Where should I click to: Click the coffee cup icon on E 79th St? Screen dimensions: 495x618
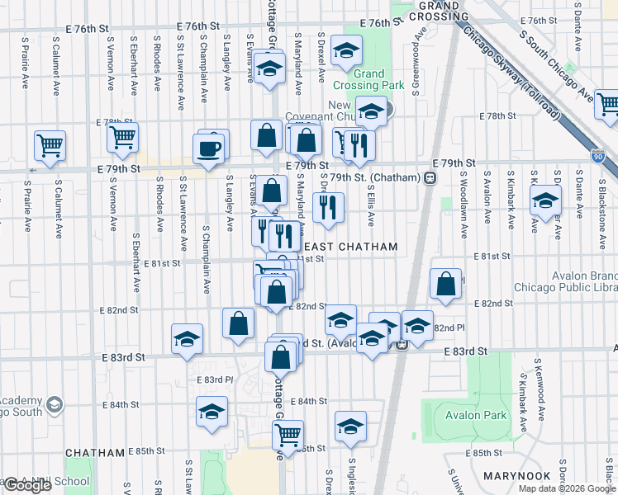point(208,148)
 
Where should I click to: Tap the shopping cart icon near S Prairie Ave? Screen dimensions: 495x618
point(50,145)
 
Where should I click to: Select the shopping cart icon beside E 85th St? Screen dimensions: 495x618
point(288,434)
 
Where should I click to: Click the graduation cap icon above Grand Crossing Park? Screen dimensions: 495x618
point(345,50)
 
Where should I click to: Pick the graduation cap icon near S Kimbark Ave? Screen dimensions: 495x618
point(545,200)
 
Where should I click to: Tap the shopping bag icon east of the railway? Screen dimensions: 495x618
point(446,284)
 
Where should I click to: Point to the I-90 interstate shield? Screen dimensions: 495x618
point(598,154)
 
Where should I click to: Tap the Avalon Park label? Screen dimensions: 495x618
point(475,415)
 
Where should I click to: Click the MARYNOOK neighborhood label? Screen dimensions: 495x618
point(517,477)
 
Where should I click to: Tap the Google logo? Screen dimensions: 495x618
point(27,485)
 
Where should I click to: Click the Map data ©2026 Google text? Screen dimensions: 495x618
point(567,488)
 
